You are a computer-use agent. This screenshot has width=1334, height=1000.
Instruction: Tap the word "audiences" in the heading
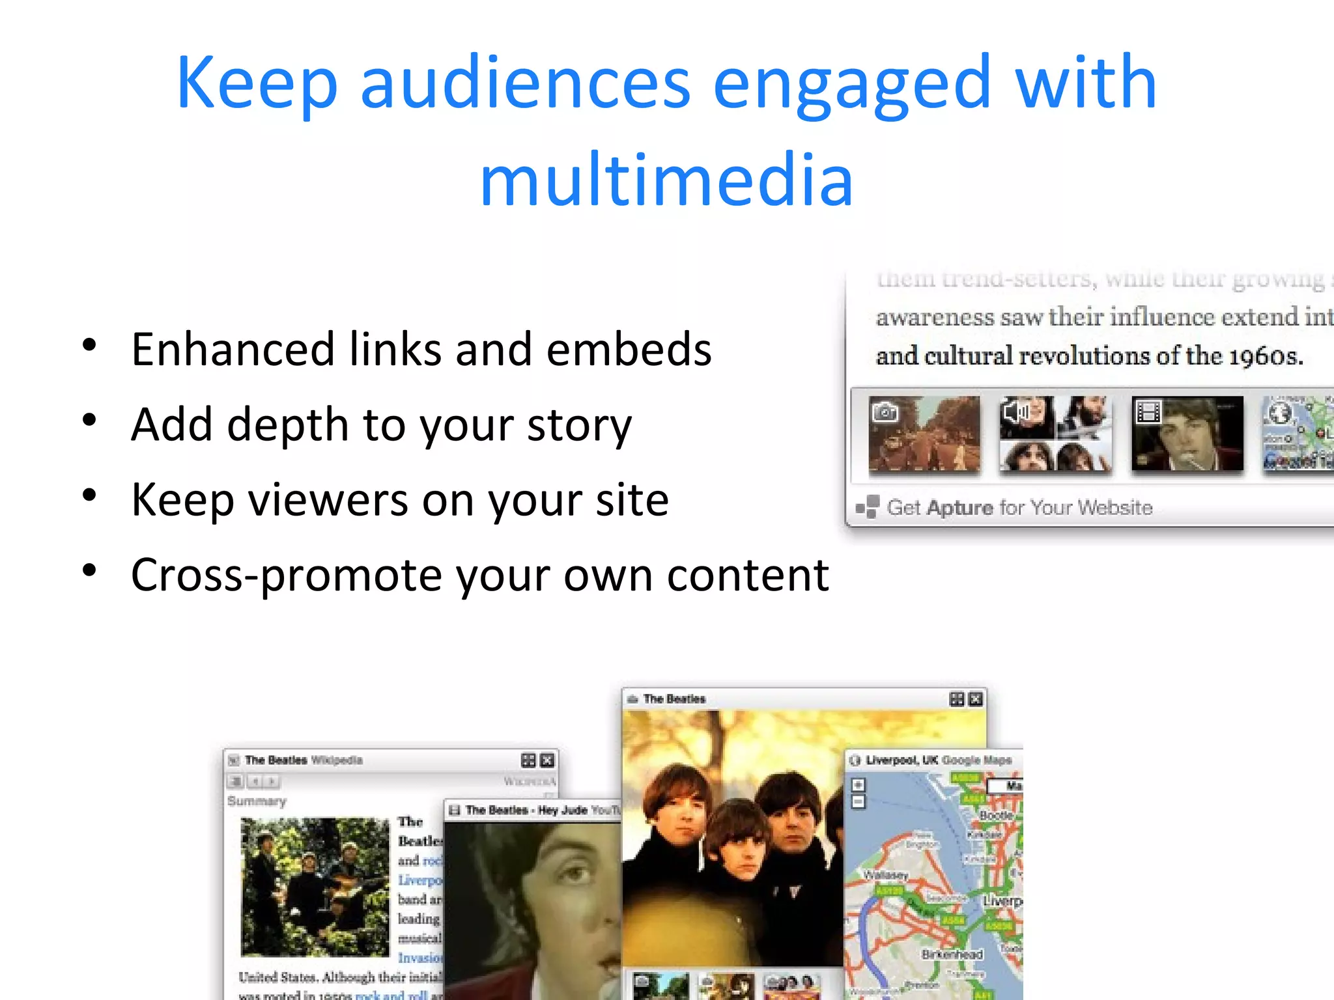pos(525,83)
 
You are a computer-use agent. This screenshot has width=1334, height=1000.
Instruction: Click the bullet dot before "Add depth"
pos(90,420)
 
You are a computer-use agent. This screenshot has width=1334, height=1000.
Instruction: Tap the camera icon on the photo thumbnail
pos(885,411)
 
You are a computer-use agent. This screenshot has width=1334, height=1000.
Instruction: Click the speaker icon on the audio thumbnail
pos(1015,411)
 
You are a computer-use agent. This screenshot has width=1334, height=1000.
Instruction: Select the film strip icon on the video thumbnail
pos(1148,411)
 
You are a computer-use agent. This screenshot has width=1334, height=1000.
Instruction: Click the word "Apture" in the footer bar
pos(961,508)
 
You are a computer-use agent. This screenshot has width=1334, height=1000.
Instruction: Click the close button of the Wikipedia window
pos(548,760)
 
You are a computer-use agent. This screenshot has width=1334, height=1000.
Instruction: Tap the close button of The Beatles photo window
pos(975,699)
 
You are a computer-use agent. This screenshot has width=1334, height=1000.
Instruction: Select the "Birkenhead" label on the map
pos(952,954)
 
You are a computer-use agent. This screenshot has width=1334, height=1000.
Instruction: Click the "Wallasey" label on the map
pos(885,875)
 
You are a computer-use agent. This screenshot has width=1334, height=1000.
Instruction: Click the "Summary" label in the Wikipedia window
pos(257,801)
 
